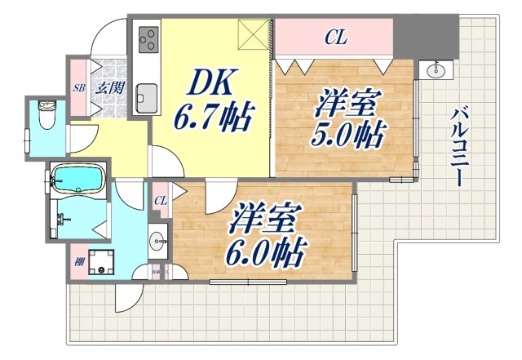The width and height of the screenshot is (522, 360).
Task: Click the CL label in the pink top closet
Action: pos(334,36)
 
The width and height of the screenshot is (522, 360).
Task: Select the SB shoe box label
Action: pos(79,87)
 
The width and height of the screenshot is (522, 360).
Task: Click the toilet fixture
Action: pos(47,119)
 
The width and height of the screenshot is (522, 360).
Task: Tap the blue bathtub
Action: pos(77,179)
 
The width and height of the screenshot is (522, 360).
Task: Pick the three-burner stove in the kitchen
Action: pos(148,39)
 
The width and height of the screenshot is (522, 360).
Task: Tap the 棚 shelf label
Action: pos(78,262)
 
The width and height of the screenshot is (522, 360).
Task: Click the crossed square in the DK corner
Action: pos(255,37)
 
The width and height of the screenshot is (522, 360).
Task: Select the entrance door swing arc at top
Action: pos(108,37)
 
